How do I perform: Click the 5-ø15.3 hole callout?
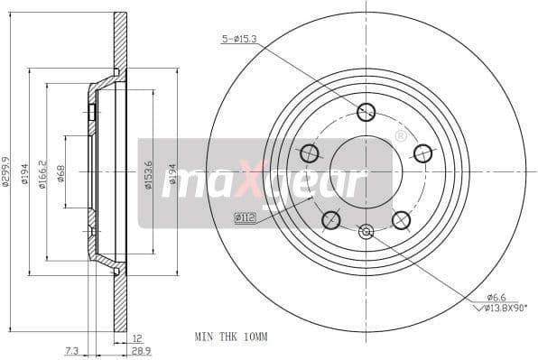pos(239,39)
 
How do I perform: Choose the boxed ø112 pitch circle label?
pos(246,217)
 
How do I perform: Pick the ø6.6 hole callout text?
pos(496,297)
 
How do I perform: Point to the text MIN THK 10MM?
pos(231,336)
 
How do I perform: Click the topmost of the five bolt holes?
pos(366,112)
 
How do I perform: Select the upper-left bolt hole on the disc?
pos(310,153)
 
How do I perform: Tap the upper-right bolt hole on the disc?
pos(422,153)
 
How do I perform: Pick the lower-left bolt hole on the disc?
pos(331,219)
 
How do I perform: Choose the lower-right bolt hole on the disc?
pos(401,219)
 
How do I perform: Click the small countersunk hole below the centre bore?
pos(366,232)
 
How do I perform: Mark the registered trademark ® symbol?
pos(400,136)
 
